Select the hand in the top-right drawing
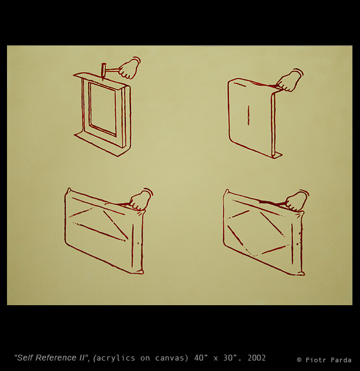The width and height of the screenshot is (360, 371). (x=290, y=81)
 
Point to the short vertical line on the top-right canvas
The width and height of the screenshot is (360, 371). (x=248, y=115)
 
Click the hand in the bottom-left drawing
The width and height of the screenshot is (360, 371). (x=140, y=200)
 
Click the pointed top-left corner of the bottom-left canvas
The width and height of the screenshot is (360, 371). (x=69, y=189)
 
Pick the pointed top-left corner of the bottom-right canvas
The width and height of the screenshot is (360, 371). (x=227, y=190)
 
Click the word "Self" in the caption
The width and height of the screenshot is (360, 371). (x=23, y=358)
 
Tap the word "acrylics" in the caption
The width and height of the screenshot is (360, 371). (x=116, y=358)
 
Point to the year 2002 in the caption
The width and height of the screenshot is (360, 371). (x=256, y=358)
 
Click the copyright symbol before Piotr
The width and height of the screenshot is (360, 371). (x=299, y=360)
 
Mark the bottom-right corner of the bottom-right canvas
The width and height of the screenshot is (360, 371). (x=303, y=274)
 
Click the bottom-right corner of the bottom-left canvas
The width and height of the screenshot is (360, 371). (x=142, y=273)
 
